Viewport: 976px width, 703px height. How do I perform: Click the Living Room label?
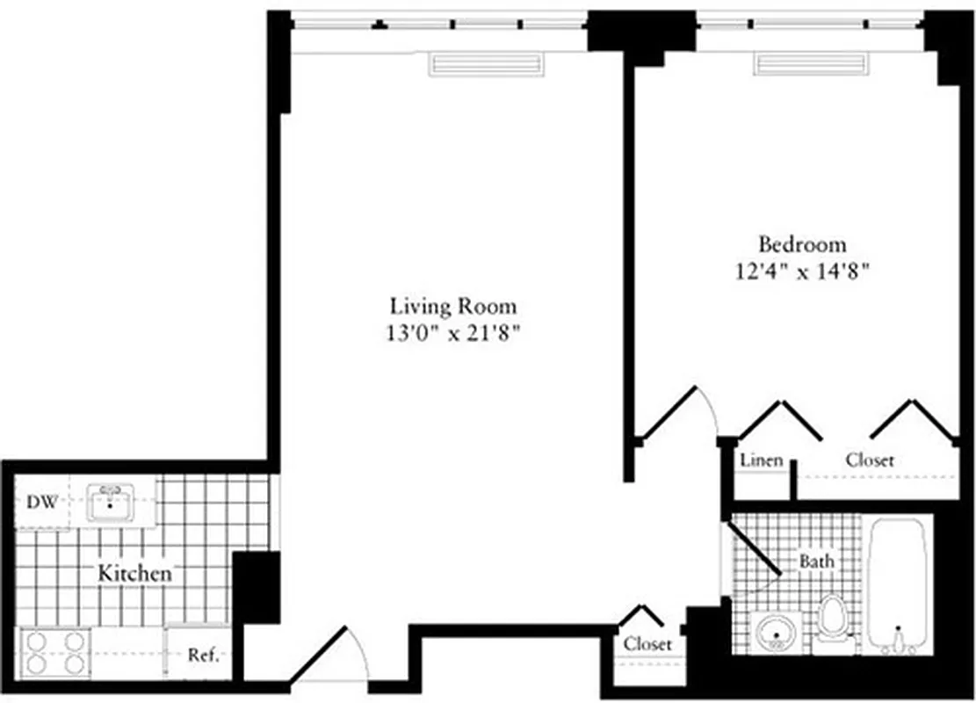point(453,307)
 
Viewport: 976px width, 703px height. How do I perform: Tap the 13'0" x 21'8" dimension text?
point(453,333)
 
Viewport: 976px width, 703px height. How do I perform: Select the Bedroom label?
point(802,244)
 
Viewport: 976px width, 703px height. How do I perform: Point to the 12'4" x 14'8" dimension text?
point(802,271)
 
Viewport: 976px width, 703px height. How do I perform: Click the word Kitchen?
point(134,574)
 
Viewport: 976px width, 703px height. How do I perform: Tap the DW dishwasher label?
point(42,504)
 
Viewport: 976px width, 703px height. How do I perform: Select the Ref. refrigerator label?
point(203,656)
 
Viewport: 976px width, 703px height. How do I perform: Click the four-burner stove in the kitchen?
point(54,652)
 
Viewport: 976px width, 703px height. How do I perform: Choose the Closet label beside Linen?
point(870,460)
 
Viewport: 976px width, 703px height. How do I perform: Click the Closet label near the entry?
point(647,644)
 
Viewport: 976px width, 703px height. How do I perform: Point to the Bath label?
point(816,561)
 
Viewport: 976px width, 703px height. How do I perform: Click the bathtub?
point(897,584)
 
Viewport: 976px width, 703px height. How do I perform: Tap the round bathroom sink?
point(777,632)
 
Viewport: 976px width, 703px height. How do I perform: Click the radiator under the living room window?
point(485,64)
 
